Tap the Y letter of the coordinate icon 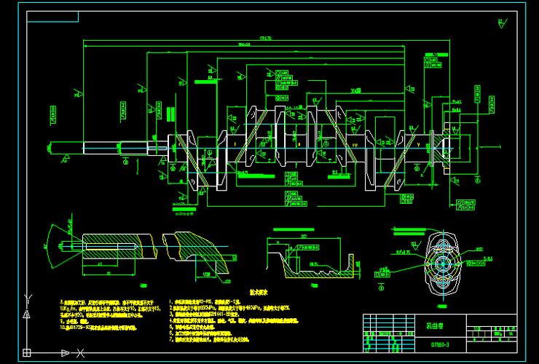click(x=27, y=297)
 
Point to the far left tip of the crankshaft click(x=48, y=146)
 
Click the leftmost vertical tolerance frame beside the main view click(x=52, y=113)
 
